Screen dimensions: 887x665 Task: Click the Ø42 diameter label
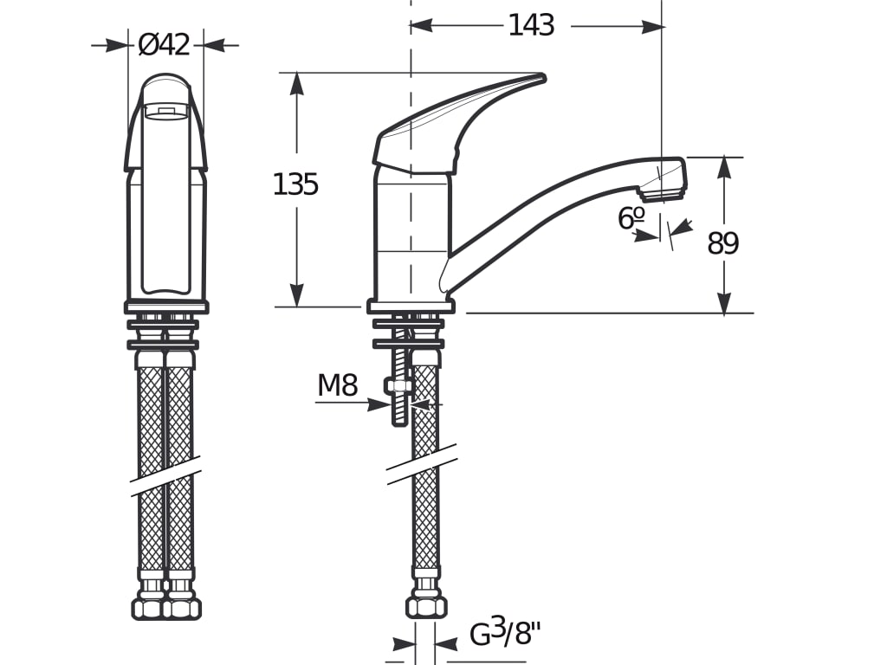pos(164,45)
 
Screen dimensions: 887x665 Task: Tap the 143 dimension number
pos(531,25)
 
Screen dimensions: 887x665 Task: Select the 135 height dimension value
pos(295,184)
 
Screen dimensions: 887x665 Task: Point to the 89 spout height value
pos(723,243)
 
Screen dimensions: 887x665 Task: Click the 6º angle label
pos(631,218)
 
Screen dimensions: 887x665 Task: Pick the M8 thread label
pos(338,385)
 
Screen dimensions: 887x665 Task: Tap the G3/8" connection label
pos(505,633)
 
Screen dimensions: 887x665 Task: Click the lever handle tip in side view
pos(541,77)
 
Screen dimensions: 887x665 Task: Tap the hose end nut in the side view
pos(426,606)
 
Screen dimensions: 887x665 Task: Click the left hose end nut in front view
pos(149,608)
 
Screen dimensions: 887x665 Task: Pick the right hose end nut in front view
pos(183,608)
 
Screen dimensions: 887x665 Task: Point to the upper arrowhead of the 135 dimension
pos(296,85)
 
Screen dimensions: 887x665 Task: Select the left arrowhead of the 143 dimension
pos(422,25)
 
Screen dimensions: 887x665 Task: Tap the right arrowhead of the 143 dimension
pos(651,26)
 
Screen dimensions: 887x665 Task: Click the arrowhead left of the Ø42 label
pos(117,45)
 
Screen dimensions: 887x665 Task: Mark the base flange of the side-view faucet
pos(411,307)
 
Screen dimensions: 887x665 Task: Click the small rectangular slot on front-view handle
pos(165,111)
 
